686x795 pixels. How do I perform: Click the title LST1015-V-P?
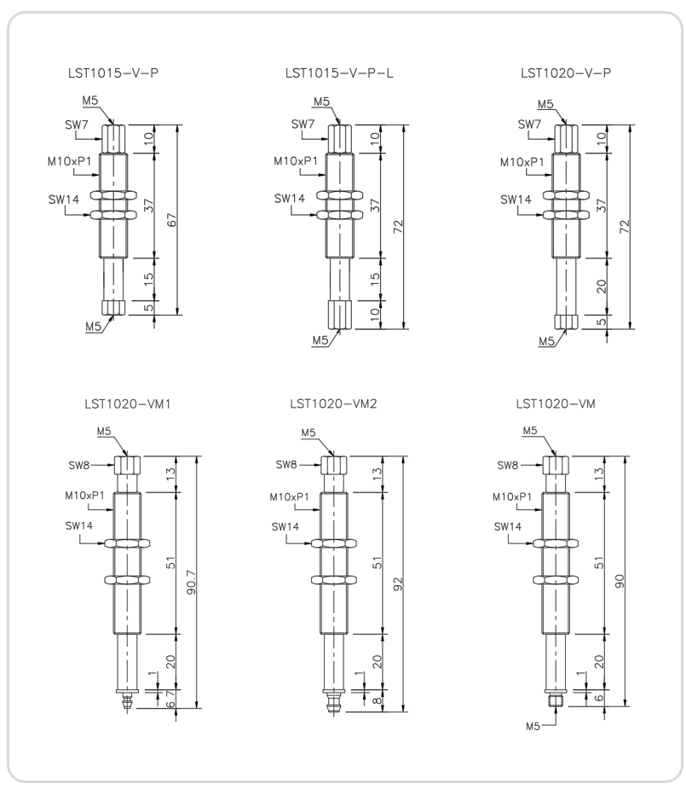coord(113,73)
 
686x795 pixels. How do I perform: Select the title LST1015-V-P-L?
coord(339,73)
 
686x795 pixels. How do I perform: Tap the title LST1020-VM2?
coord(333,403)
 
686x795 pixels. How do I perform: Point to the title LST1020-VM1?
coord(128,404)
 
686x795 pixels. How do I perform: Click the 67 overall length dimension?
coord(172,220)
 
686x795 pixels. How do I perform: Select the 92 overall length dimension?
coord(398,583)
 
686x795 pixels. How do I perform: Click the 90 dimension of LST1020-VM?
coord(620,581)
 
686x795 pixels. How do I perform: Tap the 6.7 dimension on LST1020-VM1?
coord(170,699)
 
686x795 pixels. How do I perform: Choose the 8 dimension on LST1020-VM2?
coord(377,700)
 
